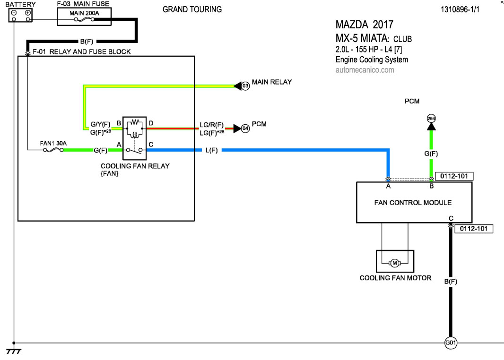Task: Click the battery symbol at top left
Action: pyautogui.click(x=21, y=15)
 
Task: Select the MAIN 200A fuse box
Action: pyautogui.click(x=84, y=17)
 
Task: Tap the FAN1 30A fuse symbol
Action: pyautogui.click(x=52, y=150)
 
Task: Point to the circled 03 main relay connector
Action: pyautogui.click(x=245, y=86)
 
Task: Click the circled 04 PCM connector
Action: pyautogui.click(x=245, y=128)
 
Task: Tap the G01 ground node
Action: pyautogui.click(x=451, y=343)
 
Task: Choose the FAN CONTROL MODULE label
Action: pyautogui.click(x=413, y=203)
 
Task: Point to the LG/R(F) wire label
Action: pyautogui.click(x=211, y=125)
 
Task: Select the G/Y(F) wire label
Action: pyautogui.click(x=100, y=125)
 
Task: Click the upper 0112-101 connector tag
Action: pyautogui.click(x=454, y=176)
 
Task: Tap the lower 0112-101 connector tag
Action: pyautogui.click(x=474, y=229)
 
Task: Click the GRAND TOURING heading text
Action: pyautogui.click(x=192, y=9)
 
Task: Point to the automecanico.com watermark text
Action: pyautogui.click(x=365, y=70)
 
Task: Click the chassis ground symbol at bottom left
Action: pyautogui.click(x=13, y=351)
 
